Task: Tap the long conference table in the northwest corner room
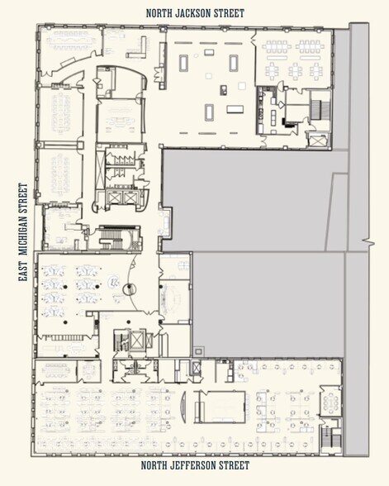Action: coord(70,38)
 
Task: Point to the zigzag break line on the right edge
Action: coord(365,243)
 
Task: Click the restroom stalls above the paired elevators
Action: coord(111,160)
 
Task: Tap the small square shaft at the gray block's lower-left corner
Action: coord(197,351)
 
